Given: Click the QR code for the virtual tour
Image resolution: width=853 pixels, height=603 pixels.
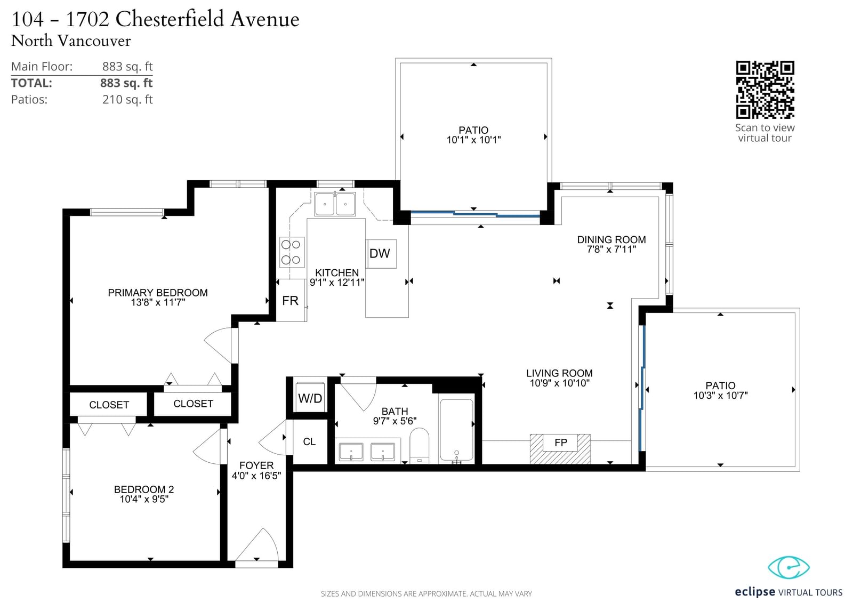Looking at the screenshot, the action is click(765, 90).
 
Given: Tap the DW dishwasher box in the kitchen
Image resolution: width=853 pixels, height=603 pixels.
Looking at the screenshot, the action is click(381, 254).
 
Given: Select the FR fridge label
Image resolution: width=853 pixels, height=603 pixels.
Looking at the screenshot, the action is click(290, 301).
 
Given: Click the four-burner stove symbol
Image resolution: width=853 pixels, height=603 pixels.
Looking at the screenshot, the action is click(292, 252).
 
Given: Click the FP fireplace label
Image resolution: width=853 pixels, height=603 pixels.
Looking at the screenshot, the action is click(560, 442).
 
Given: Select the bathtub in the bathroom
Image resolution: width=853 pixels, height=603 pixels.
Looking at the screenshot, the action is click(456, 430).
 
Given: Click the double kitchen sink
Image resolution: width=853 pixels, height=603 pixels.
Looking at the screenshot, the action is click(335, 204).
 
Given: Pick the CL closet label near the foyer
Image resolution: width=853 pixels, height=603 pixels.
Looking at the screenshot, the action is click(309, 441).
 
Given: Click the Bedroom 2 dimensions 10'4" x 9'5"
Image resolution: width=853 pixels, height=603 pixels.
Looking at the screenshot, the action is click(144, 499).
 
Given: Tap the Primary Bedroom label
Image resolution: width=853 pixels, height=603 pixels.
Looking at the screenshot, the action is click(158, 293).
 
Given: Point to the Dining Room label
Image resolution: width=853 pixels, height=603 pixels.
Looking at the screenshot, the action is click(611, 239).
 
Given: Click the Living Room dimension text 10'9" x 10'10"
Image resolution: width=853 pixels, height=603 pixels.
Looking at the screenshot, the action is click(560, 383).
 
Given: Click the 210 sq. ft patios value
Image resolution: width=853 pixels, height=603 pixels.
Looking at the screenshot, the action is click(127, 99).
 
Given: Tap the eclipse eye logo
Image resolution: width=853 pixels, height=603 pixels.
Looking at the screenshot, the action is click(788, 567).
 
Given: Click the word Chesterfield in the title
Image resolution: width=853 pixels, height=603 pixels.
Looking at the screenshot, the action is click(170, 19).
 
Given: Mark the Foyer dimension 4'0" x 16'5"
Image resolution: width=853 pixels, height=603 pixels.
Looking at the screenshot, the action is click(256, 476).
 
